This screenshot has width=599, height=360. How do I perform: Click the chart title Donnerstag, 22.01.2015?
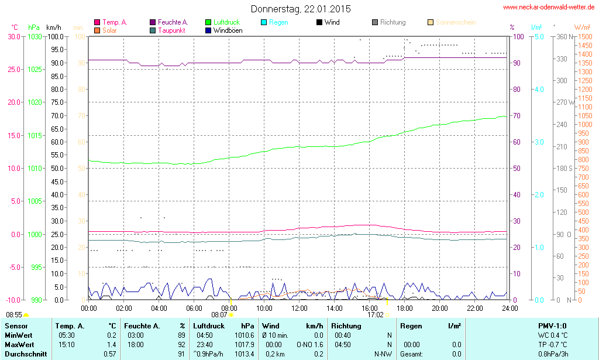coord(301,9)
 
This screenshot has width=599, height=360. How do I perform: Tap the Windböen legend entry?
coord(228,30)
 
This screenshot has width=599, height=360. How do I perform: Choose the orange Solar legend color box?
coord(97,30)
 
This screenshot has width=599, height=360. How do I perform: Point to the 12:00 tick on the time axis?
coord(299,308)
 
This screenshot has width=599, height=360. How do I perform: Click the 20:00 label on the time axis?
coord(439,308)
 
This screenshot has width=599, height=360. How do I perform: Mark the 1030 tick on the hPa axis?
coord(35,36)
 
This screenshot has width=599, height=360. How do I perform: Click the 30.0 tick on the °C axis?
coord(13,36)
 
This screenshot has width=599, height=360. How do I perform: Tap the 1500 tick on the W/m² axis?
coord(584,36)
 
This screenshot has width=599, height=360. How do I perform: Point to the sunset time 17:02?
coord(375,315)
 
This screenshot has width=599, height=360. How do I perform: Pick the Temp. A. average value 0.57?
coord(109,354)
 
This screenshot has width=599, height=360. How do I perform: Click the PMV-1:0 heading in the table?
coord(552,325)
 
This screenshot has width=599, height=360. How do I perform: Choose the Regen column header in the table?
coord(411,325)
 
